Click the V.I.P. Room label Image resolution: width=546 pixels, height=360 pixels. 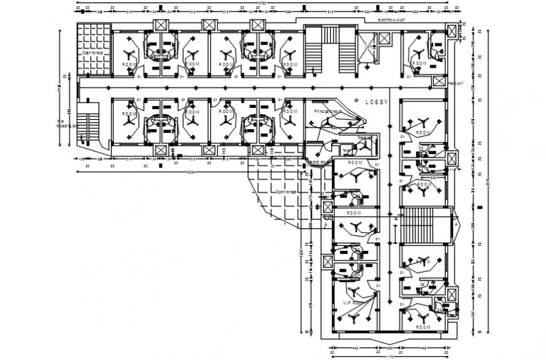click(353, 304)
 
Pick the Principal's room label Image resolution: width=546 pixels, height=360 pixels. click(328, 111)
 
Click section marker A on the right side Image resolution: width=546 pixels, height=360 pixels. click(456, 223)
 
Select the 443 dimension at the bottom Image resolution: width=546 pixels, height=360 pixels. click(354, 347)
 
